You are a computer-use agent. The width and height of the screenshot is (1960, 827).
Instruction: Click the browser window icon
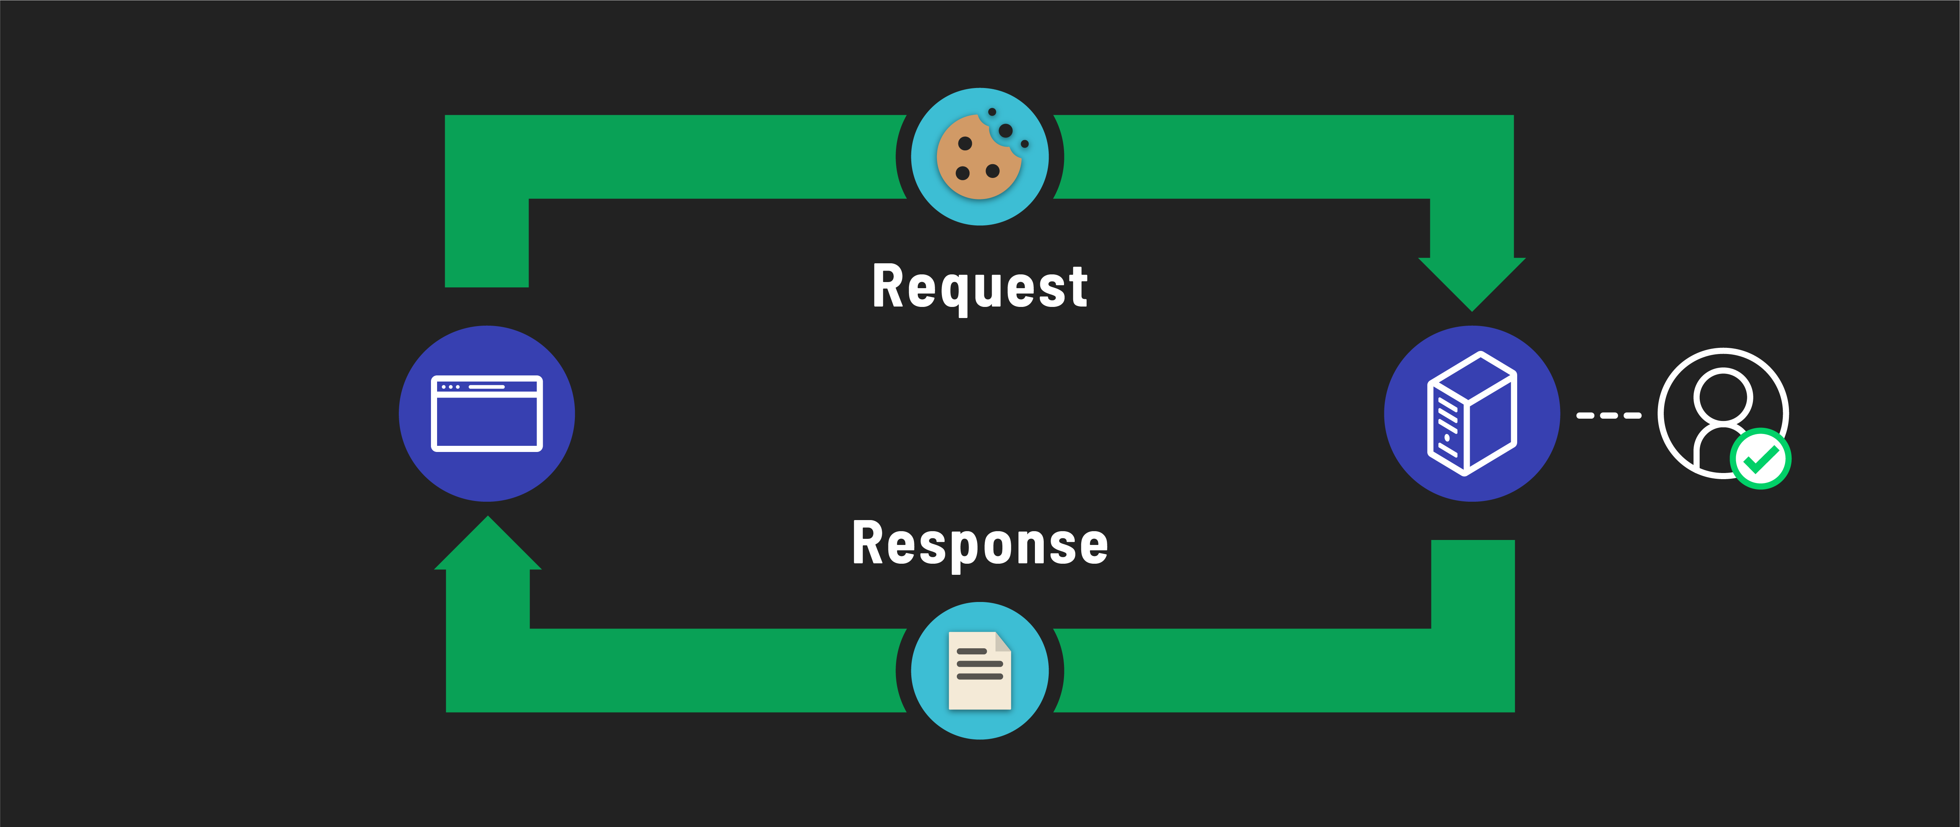487,413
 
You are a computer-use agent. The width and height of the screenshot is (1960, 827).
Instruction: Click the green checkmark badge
1760,459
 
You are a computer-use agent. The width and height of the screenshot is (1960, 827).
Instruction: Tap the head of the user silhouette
1723,396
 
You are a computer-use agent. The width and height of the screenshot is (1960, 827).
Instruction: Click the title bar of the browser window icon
487,387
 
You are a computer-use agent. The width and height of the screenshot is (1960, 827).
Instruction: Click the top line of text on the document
972,651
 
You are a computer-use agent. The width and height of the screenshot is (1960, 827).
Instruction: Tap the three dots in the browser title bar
450,387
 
